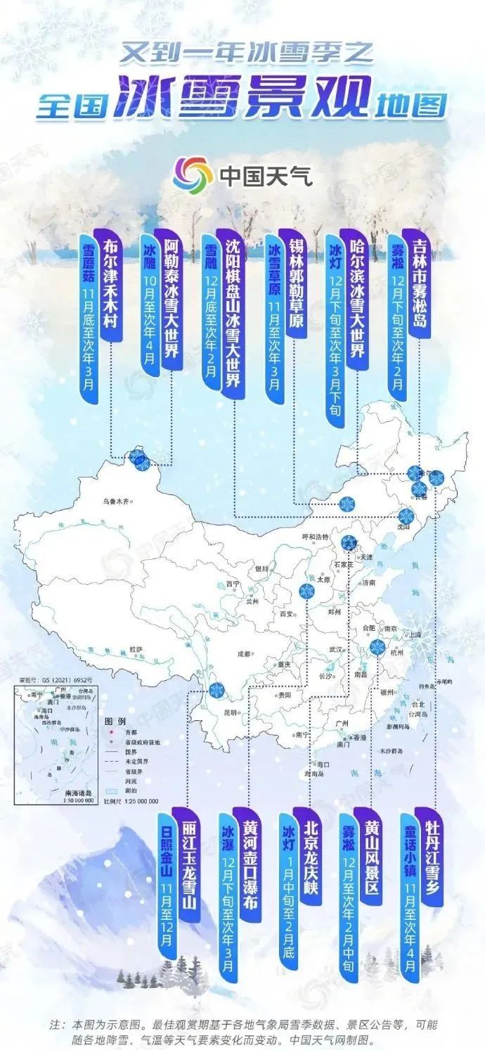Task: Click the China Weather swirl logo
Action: point(193,175)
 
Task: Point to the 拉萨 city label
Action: point(135,649)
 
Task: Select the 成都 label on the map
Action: point(243,653)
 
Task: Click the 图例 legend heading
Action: point(115,722)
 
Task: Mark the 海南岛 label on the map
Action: point(313,772)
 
